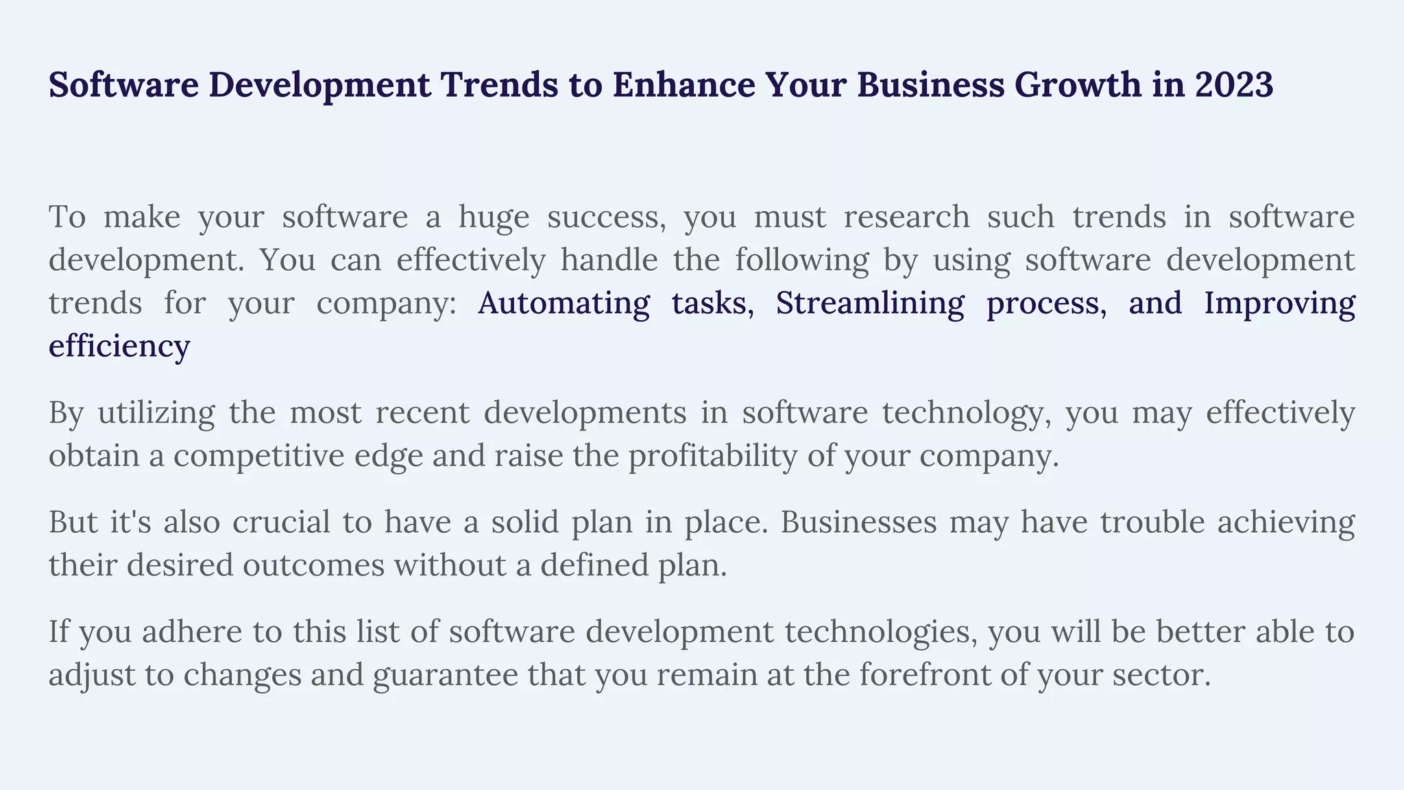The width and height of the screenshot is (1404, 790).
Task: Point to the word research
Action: [906, 217]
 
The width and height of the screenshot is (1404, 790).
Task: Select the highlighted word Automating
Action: [564, 303]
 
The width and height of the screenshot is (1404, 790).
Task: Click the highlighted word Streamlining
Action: [869, 303]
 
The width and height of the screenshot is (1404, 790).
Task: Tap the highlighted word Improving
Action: [1279, 303]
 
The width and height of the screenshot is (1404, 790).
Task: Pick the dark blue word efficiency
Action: [119, 346]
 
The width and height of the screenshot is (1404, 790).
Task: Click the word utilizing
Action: [156, 413]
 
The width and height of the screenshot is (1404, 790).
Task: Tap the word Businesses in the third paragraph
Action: [858, 523]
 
